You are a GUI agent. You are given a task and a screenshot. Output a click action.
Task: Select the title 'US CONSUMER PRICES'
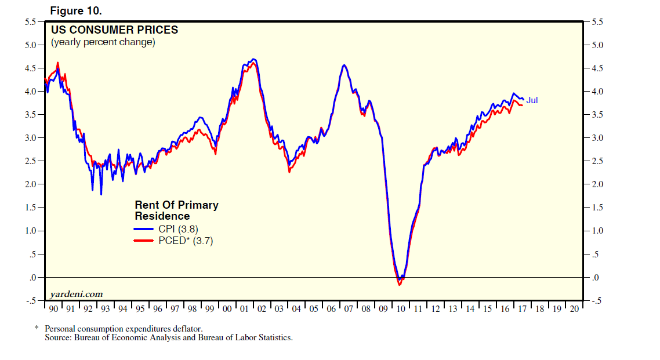tap(114, 30)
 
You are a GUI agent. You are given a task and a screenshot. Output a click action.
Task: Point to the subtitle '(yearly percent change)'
tap(103, 42)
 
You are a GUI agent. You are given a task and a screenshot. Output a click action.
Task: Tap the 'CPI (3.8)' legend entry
tap(178, 229)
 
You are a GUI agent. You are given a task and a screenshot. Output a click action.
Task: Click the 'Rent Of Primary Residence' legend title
tap(176, 210)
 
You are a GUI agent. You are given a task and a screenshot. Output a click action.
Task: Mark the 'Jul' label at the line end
tap(532, 100)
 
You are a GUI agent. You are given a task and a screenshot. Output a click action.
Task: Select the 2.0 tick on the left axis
tap(30, 184)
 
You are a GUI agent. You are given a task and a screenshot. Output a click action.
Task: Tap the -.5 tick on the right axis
tap(596, 301)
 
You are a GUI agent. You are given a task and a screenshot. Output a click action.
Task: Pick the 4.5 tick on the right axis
tap(597, 68)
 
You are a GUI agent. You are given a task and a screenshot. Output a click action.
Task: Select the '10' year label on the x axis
tap(401, 309)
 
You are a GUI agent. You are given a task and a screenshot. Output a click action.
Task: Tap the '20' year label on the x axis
tap(574, 309)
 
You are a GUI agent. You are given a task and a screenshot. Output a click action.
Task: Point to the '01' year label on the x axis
tap(244, 309)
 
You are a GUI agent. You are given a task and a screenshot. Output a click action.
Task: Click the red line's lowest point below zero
tap(399, 285)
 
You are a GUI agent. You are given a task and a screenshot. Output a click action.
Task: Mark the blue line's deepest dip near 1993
tap(101, 194)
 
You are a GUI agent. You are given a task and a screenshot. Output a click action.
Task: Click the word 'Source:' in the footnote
tap(58, 337)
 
